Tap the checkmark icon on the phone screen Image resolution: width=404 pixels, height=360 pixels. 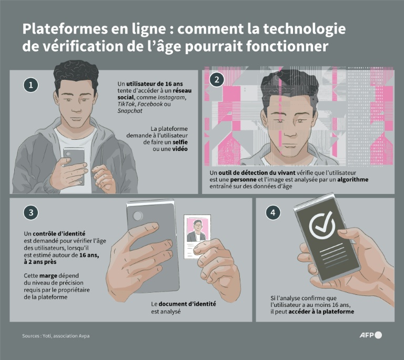[322, 226]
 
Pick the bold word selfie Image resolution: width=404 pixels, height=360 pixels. [179, 142]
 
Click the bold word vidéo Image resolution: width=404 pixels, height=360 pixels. [178, 149]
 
